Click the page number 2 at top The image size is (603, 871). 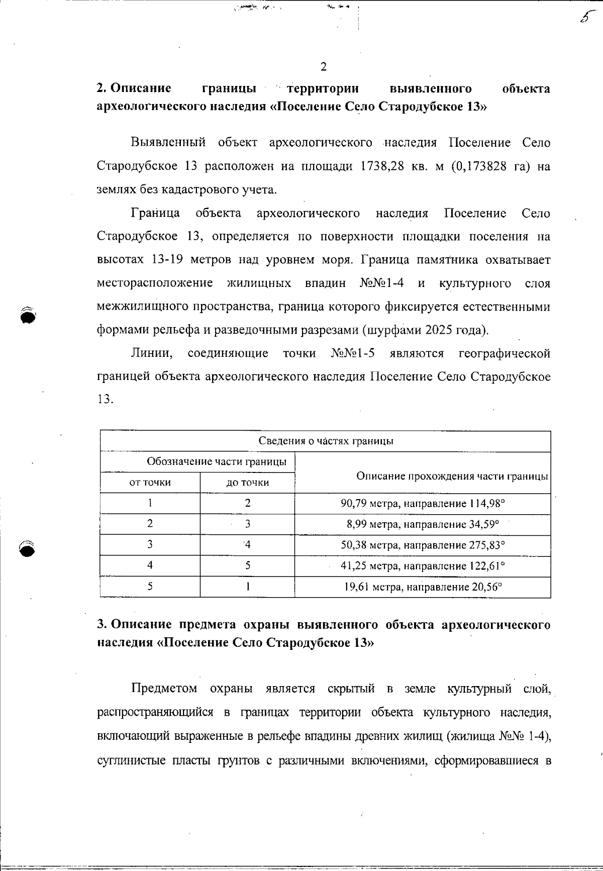[323, 66]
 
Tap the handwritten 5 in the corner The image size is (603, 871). [584, 17]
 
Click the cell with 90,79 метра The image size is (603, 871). [423, 503]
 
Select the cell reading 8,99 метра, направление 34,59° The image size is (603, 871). [423, 524]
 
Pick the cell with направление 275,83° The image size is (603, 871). [423, 545]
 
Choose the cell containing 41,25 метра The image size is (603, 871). [423, 566]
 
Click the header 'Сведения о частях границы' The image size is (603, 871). [326, 441]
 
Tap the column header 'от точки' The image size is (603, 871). [150, 482]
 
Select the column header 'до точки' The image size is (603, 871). [247, 482]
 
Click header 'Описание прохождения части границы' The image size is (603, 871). [451, 475]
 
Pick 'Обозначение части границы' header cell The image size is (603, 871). [217, 461]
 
